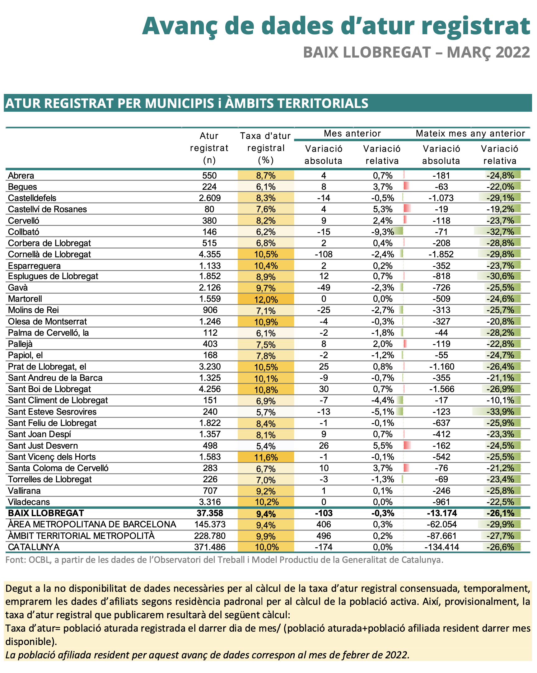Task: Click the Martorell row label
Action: click(x=25, y=299)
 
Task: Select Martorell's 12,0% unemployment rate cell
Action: click(x=266, y=299)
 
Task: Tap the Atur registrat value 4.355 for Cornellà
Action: click(x=209, y=254)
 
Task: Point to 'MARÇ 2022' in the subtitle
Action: click(x=488, y=52)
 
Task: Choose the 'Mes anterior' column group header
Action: click(x=352, y=133)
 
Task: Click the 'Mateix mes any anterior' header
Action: click(x=470, y=133)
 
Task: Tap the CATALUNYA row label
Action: click(x=34, y=547)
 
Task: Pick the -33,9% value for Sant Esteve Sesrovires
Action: click(x=500, y=412)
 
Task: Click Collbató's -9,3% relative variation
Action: click(x=382, y=231)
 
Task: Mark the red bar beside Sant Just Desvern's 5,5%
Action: click(x=407, y=446)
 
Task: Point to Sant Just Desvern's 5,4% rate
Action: click(x=266, y=446)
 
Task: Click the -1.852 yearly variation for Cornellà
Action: click(x=441, y=254)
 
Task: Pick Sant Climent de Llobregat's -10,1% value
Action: click(x=500, y=400)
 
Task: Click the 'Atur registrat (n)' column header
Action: click(x=209, y=148)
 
